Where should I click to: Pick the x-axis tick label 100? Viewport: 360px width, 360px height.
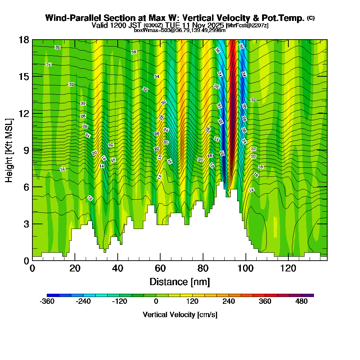pyautogui.click(x=246, y=269)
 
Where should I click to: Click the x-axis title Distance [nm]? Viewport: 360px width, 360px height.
pyautogui.click(x=180, y=282)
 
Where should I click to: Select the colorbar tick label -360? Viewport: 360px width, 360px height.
pyautogui.click(x=47, y=302)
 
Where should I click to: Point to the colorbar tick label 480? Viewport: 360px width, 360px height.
pyautogui.click(x=301, y=302)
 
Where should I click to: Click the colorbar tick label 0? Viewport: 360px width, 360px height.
pyautogui.click(x=156, y=302)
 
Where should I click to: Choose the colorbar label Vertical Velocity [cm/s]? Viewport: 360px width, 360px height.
pyautogui.click(x=180, y=315)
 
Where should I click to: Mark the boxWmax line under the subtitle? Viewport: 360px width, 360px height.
pyautogui.click(x=180, y=30)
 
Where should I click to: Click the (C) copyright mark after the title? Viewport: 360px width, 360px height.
pyautogui.click(x=311, y=18)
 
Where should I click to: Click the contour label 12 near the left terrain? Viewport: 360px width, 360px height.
pyautogui.click(x=90, y=198)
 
